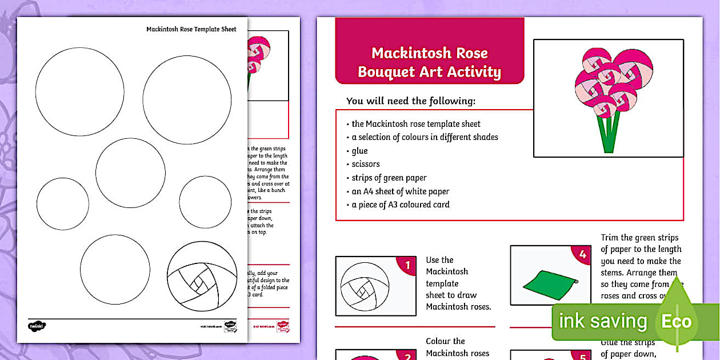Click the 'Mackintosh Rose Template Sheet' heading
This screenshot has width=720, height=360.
coord(191,29)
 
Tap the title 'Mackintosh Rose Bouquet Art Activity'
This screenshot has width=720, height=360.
coord(429,62)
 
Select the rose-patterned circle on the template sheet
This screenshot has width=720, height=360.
coord(202,277)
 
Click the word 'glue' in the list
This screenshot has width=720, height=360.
coord(359,151)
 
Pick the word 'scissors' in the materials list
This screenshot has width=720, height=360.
coord(366,164)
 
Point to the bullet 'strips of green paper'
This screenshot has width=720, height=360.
coord(389,178)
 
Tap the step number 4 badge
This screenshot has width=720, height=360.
coord(582,255)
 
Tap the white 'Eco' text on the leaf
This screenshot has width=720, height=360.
coord(677,321)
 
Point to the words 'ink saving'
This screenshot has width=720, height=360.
coord(602,321)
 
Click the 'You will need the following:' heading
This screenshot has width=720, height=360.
coord(411,101)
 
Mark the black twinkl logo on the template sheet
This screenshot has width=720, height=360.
coord(37,326)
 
